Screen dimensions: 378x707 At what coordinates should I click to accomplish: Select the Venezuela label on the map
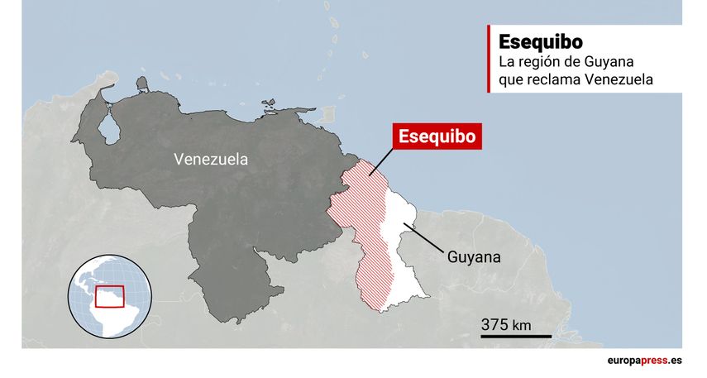[x=210, y=160]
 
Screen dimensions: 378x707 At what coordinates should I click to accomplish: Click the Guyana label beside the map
[x=474, y=256]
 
